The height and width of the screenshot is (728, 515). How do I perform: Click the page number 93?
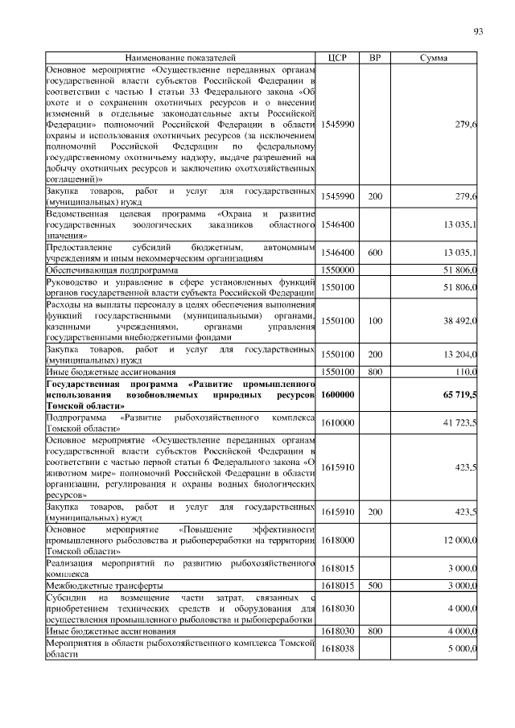point(478,31)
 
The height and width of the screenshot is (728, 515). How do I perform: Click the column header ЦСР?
point(337,59)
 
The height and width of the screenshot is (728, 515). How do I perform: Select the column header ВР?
point(374,59)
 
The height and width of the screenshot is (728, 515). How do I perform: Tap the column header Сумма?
point(435,59)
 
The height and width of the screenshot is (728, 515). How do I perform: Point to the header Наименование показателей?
point(180,59)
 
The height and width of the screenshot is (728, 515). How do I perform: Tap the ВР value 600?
point(375,253)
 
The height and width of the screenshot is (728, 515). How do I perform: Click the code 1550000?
point(337,269)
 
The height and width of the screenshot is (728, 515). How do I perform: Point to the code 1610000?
point(337,422)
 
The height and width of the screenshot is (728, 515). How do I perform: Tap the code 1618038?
point(337,648)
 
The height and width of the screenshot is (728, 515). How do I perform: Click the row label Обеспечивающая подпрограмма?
point(106,269)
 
